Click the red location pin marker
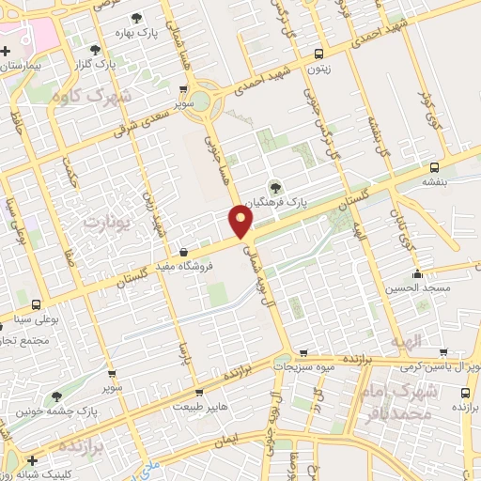click(x=241, y=223)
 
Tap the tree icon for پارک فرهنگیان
click(x=275, y=185)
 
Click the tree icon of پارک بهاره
click(x=137, y=18)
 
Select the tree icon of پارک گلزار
click(x=94, y=49)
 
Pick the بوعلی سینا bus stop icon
click(x=36, y=304)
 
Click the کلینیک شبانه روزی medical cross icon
click(x=34, y=460)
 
